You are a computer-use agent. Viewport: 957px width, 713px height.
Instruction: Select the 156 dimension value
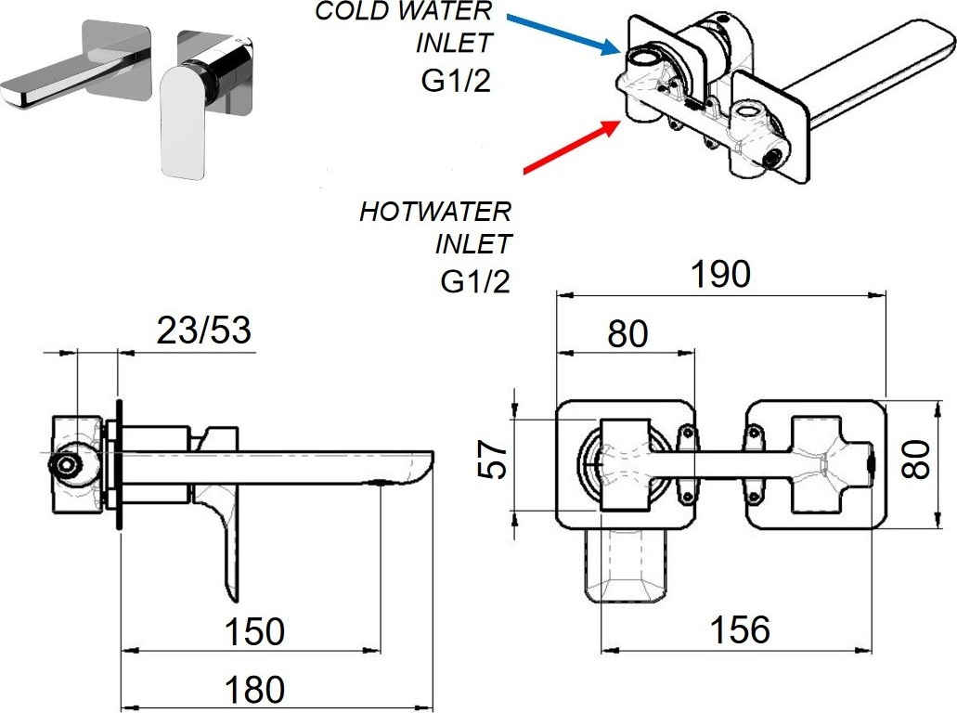740,630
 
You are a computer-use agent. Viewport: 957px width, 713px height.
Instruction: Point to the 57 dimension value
497,458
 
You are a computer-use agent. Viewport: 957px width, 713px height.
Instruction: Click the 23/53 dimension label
203,329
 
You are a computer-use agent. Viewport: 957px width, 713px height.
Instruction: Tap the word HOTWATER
435,212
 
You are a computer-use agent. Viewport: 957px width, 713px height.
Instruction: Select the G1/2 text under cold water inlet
455,80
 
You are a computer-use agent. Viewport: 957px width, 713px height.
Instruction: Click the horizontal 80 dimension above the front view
627,333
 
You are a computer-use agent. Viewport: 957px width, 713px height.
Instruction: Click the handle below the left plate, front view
626,567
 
